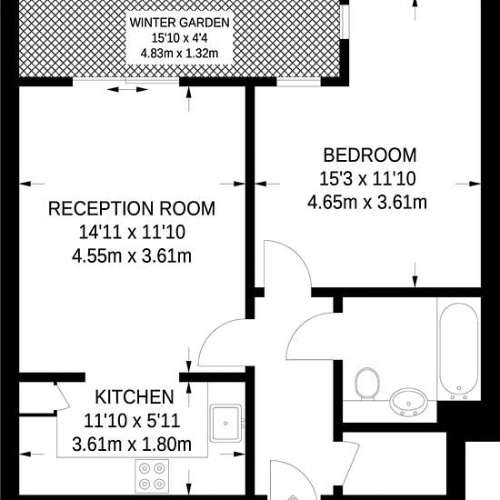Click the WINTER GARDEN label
click(179, 23)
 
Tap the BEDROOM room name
click(370, 155)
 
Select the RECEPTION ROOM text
click(132, 208)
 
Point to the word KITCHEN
click(135, 397)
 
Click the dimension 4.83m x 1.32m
click(179, 54)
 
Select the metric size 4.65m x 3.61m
click(367, 203)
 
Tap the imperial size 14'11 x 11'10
click(132, 232)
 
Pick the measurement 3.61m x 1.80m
click(132, 445)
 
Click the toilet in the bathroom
click(366, 384)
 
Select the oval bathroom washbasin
click(409, 403)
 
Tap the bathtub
click(459, 349)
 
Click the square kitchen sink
click(225, 423)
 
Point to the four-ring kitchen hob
click(152, 476)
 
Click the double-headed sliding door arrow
click(127, 90)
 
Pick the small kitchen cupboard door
click(63, 397)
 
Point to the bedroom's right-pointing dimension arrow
click(468, 184)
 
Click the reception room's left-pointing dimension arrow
click(32, 184)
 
